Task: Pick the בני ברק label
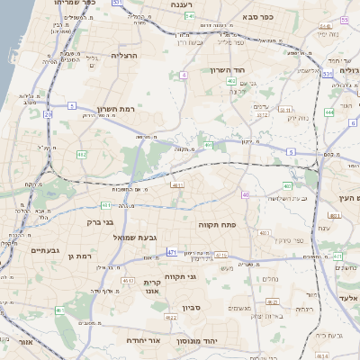coord(99,220)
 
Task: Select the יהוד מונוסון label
coord(220,342)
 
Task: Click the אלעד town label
coord(348,298)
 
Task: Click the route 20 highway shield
coord(47,115)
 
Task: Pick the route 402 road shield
coord(231,82)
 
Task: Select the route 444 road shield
coord(328,112)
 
